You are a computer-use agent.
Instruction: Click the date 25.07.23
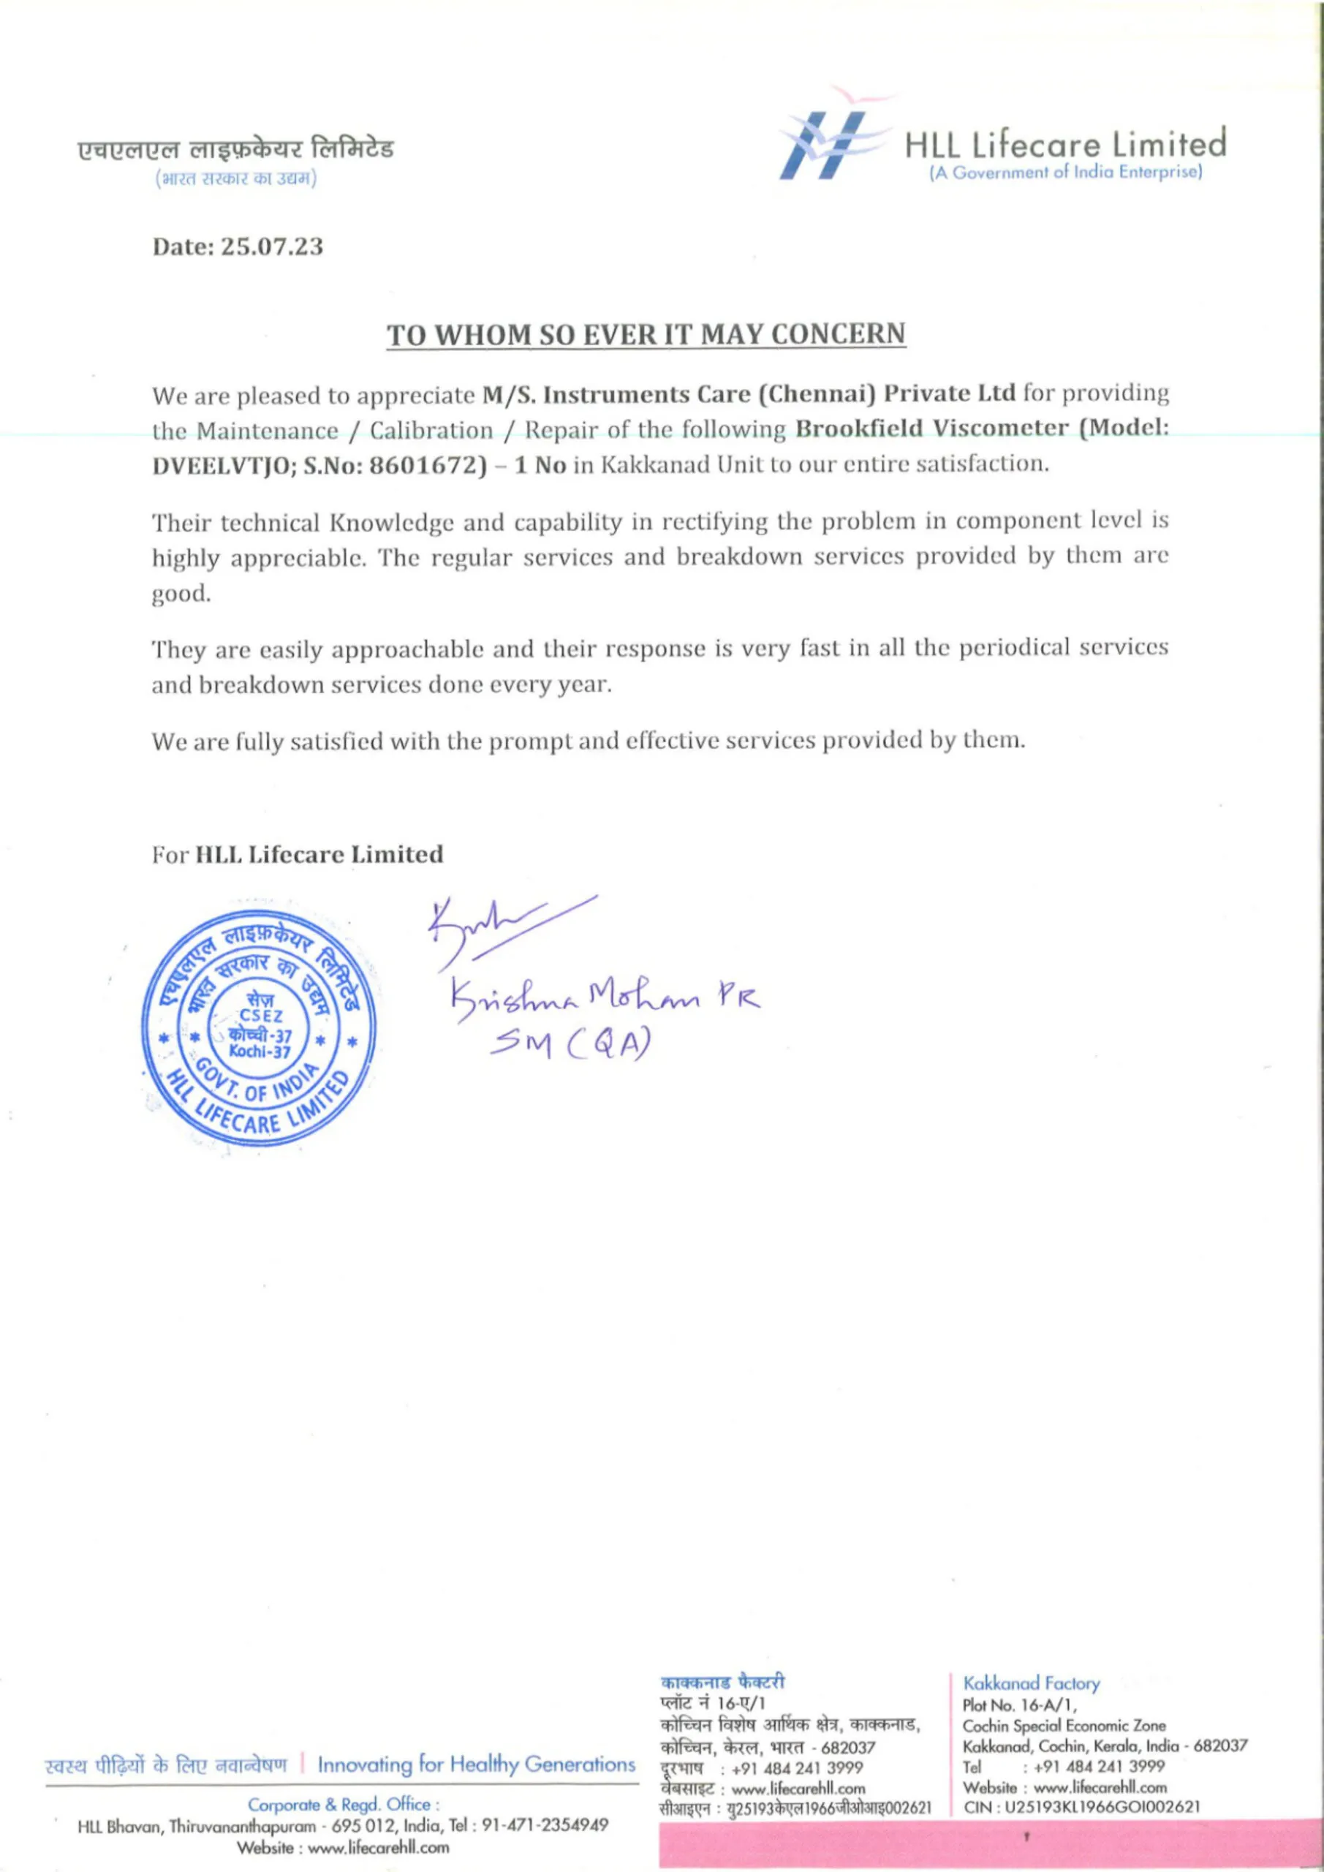click(273, 246)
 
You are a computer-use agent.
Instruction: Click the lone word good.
click(181, 595)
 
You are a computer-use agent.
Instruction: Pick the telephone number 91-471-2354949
click(545, 1824)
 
